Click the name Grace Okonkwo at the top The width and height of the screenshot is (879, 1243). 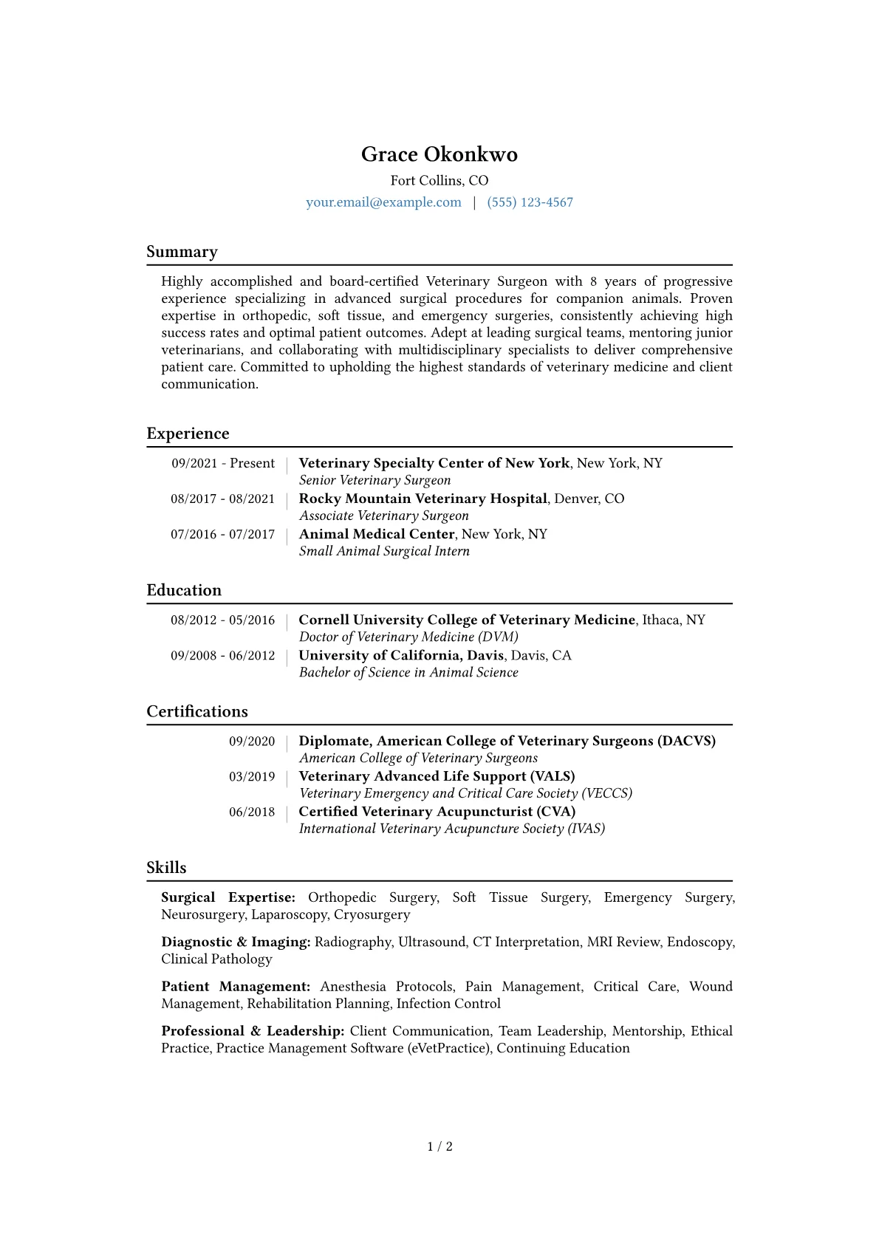pyautogui.click(x=439, y=154)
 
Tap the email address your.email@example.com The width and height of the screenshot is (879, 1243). pyautogui.click(x=383, y=202)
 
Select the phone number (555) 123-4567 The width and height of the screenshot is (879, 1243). pyautogui.click(x=530, y=202)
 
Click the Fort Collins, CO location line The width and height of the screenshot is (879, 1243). pyautogui.click(x=439, y=180)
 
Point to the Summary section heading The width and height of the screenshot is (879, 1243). pyautogui.click(x=182, y=252)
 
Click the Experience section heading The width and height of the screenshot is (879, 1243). pyautogui.click(x=188, y=434)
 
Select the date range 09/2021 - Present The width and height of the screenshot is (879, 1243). pyautogui.click(x=223, y=463)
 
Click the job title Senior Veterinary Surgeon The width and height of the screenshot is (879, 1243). pyautogui.click(x=374, y=480)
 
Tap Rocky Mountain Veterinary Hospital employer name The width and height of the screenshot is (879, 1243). pyautogui.click(x=423, y=499)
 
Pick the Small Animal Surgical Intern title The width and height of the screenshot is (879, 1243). pyautogui.click(x=384, y=551)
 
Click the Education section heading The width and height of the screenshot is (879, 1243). pyautogui.click(x=184, y=590)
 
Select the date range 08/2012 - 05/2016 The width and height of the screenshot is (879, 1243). pyautogui.click(x=222, y=620)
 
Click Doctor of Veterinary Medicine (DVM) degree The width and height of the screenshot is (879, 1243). pyautogui.click(x=408, y=637)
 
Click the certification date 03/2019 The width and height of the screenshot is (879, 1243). pyautogui.click(x=251, y=776)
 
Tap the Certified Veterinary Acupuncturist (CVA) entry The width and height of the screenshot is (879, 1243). pyautogui.click(x=437, y=812)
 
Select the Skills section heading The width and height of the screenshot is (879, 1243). pyautogui.click(x=166, y=868)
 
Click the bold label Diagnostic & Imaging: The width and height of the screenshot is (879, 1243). pyautogui.click(x=236, y=942)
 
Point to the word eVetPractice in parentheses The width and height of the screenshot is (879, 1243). pyautogui.click(x=449, y=1048)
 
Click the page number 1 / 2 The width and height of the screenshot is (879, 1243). pyautogui.click(x=439, y=1146)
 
